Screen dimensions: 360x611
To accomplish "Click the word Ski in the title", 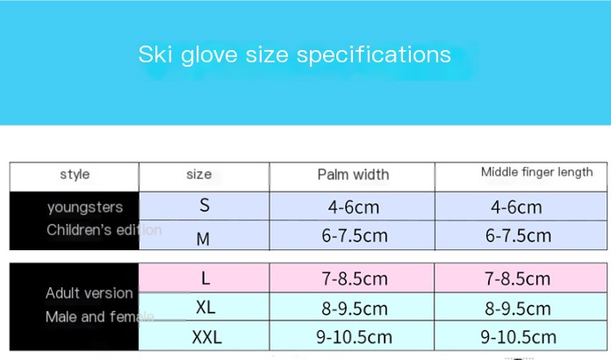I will (155, 54).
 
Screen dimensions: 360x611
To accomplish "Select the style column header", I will (75, 175).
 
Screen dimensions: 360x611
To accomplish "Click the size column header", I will (198, 175).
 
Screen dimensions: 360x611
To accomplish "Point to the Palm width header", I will (353, 175).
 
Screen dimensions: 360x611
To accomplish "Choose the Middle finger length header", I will (536, 172).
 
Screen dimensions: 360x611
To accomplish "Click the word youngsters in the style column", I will (85, 207).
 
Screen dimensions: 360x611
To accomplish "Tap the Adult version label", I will (89, 293).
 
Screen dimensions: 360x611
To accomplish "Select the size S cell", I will (205, 206).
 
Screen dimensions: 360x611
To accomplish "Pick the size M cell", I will (203, 237).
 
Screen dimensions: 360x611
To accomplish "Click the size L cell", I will (205, 278).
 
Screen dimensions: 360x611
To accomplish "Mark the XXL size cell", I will (206, 337).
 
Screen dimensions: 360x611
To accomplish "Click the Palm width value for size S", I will (353, 208).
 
